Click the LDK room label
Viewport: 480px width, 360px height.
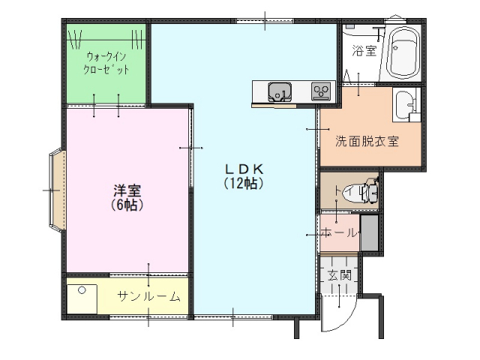tap(244, 169)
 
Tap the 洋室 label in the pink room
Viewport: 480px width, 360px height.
tap(127, 190)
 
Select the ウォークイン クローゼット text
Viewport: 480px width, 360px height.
tap(106, 63)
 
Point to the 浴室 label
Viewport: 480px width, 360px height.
tap(364, 50)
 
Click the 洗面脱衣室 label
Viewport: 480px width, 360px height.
tap(367, 141)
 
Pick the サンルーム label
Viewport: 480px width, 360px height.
tap(148, 296)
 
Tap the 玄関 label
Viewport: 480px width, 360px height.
tap(339, 275)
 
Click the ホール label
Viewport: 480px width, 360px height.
tap(339, 233)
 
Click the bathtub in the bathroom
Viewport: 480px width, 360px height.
tap(403, 53)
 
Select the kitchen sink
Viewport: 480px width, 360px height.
tap(280, 91)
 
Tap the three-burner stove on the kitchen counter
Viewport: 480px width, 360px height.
tap(321, 91)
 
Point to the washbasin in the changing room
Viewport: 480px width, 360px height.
tap(405, 104)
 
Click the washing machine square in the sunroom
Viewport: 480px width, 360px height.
tap(82, 299)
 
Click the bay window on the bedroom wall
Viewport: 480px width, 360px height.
tap(57, 189)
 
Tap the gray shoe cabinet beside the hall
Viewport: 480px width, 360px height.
tap(370, 233)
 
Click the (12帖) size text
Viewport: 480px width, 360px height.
tap(244, 183)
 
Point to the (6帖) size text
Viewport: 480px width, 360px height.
tap(127, 205)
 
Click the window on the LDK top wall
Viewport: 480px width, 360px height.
tap(265, 21)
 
